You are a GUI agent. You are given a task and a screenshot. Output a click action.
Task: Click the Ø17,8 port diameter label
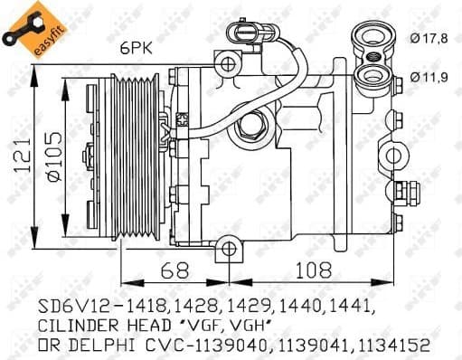pos(429,37)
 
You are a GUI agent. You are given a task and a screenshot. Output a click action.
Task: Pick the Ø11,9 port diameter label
pos(429,77)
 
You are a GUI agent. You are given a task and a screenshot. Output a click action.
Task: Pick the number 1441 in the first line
pos(347,305)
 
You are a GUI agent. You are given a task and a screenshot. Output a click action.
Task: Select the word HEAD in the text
pos(163,326)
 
